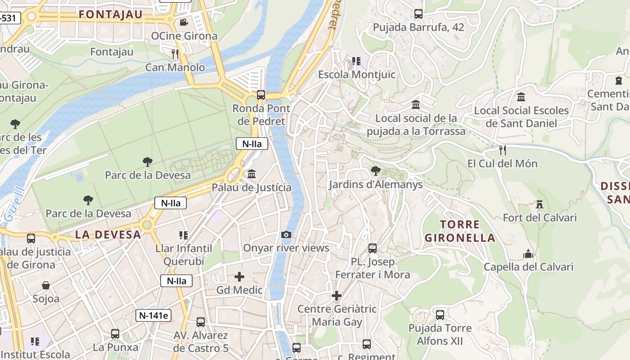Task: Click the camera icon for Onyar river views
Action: point(286,234)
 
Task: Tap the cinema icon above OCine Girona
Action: point(184,22)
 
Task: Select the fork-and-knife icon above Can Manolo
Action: point(175,54)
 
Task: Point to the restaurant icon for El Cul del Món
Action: point(503,150)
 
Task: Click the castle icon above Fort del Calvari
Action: point(540,204)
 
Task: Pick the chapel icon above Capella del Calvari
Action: point(528,254)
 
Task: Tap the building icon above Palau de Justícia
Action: point(252,174)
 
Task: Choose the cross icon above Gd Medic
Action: point(239,276)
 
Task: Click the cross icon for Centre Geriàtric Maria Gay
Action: point(337,296)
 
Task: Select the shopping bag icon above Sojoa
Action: point(46,285)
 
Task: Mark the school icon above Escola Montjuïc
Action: point(356,61)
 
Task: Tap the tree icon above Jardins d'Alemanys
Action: point(375,171)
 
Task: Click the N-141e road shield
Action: point(153,315)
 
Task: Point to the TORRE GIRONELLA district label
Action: point(460,231)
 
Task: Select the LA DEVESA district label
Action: point(108,234)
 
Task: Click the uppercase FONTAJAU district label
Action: point(111,14)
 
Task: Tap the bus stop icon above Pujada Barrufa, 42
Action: point(418,14)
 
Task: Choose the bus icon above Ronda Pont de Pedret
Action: point(261,95)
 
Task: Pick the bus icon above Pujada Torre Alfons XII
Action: point(440,315)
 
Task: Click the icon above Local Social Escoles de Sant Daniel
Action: point(521,97)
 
